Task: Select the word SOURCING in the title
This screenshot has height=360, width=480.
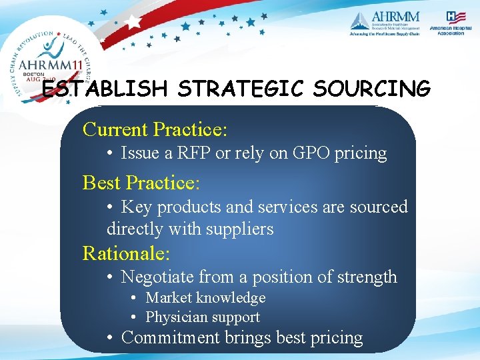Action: [367, 89]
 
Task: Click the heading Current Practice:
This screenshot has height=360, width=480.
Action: [155, 129]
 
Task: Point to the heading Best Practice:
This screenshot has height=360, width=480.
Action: [141, 182]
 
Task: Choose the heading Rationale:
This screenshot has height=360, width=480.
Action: [126, 253]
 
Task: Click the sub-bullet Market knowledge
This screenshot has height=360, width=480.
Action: [205, 297]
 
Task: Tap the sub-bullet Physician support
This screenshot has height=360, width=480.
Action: [202, 317]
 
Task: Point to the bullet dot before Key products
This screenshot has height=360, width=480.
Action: [112, 207]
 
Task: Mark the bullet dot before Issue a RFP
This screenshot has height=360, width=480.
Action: [112, 153]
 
